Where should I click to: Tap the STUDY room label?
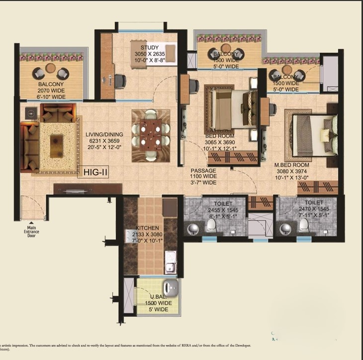[x=150, y=47]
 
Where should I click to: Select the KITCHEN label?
[x=147, y=228]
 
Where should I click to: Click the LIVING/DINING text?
[x=104, y=134]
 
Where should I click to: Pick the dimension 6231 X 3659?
[x=104, y=141]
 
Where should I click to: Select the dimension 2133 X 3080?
[x=147, y=235]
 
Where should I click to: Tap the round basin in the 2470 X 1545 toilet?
[x=285, y=229]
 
